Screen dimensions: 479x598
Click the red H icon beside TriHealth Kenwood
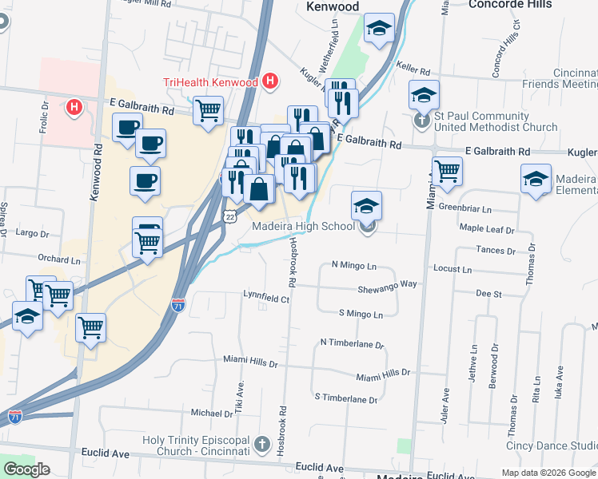270,81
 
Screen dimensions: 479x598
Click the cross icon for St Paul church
423,122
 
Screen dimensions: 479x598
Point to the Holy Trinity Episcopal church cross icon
261,444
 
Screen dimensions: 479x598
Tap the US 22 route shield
231,216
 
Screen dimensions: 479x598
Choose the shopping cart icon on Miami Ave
447,170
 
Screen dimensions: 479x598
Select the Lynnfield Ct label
265,298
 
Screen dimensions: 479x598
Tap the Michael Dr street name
211,413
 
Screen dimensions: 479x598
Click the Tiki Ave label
239,391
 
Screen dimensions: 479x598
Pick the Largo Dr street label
33,234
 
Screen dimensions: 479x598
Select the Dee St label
488,294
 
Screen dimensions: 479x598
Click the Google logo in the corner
26,469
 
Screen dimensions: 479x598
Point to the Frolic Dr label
44,120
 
